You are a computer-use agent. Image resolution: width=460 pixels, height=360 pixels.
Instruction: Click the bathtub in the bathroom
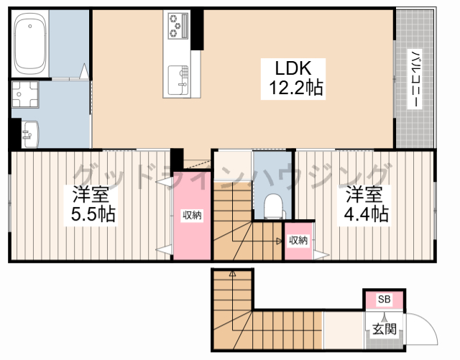point(30,44)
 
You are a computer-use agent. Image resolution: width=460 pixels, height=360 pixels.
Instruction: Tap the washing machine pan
point(25,94)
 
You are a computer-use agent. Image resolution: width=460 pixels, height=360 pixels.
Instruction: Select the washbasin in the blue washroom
point(30,134)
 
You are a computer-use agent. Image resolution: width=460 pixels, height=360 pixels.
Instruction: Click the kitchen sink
point(178,80)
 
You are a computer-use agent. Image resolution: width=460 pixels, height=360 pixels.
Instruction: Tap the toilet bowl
point(274,206)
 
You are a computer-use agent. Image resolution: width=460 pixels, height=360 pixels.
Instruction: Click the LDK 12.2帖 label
point(293,78)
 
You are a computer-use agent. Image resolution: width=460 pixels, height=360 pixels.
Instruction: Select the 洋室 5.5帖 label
point(91,205)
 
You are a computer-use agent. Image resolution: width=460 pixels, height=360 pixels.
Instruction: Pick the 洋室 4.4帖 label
point(364,205)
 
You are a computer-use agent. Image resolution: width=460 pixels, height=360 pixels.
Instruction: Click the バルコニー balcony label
point(415,78)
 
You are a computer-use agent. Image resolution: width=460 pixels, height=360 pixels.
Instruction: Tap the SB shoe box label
point(384,299)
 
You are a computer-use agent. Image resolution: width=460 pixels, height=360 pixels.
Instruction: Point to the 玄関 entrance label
point(385,329)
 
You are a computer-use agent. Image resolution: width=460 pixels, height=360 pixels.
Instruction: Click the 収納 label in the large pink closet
point(192,216)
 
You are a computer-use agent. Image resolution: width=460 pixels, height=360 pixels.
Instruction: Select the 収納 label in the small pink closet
point(298,241)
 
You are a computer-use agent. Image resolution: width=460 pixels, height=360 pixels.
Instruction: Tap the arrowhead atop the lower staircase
point(232,274)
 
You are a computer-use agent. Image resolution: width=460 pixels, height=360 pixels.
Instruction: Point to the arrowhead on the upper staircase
point(279,241)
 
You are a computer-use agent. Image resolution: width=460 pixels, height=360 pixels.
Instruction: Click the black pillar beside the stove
point(197,30)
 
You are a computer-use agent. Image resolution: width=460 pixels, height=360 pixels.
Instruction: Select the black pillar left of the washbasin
point(16,134)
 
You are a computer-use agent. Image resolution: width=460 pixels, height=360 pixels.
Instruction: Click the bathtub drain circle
point(30,26)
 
